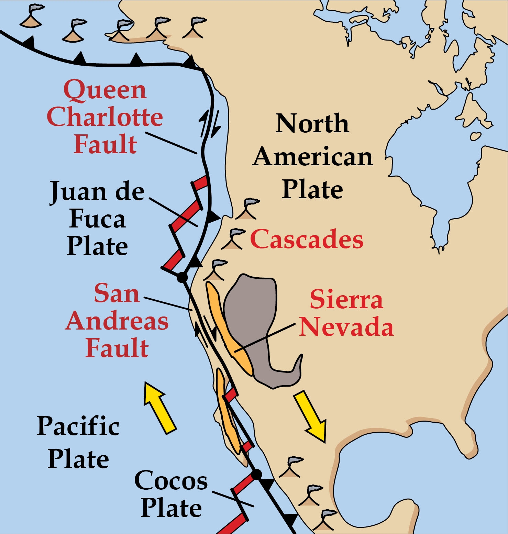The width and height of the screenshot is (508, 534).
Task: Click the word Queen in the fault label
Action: point(105,90)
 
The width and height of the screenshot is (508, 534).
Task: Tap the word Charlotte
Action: point(105,117)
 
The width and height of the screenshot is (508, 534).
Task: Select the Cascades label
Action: point(307,239)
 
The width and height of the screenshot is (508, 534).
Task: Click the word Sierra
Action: point(346,299)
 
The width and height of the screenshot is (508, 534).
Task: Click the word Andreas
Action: point(117,321)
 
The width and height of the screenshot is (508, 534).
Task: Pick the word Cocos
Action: point(171,480)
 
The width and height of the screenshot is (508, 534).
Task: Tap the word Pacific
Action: point(78,426)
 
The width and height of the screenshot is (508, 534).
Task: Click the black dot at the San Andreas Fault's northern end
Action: point(182,277)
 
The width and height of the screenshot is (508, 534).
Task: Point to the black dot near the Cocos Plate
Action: point(256,475)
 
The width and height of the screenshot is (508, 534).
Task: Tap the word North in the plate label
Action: point(312,124)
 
